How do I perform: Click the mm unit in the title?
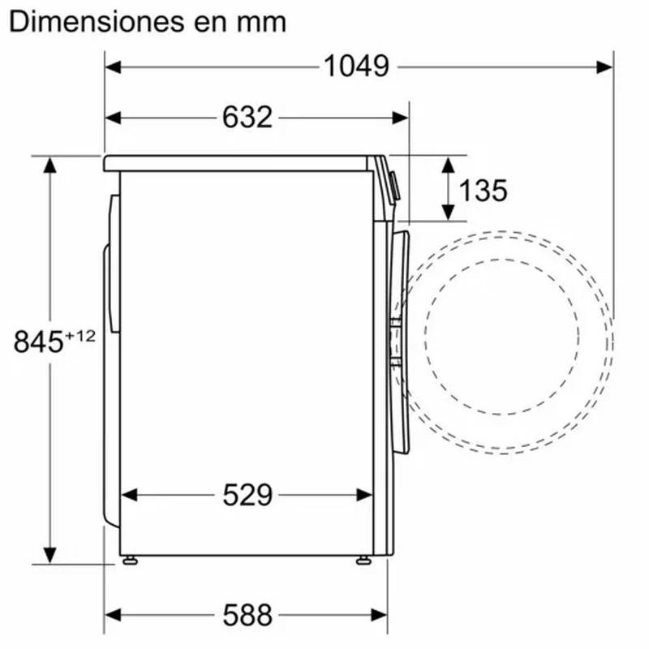(263, 22)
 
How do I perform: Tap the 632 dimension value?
(247, 118)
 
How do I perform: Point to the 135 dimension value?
(483, 191)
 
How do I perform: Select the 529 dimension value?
(247, 495)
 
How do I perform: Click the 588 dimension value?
(247, 615)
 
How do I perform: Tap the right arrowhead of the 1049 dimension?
(605, 67)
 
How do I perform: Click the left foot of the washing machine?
(128, 559)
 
